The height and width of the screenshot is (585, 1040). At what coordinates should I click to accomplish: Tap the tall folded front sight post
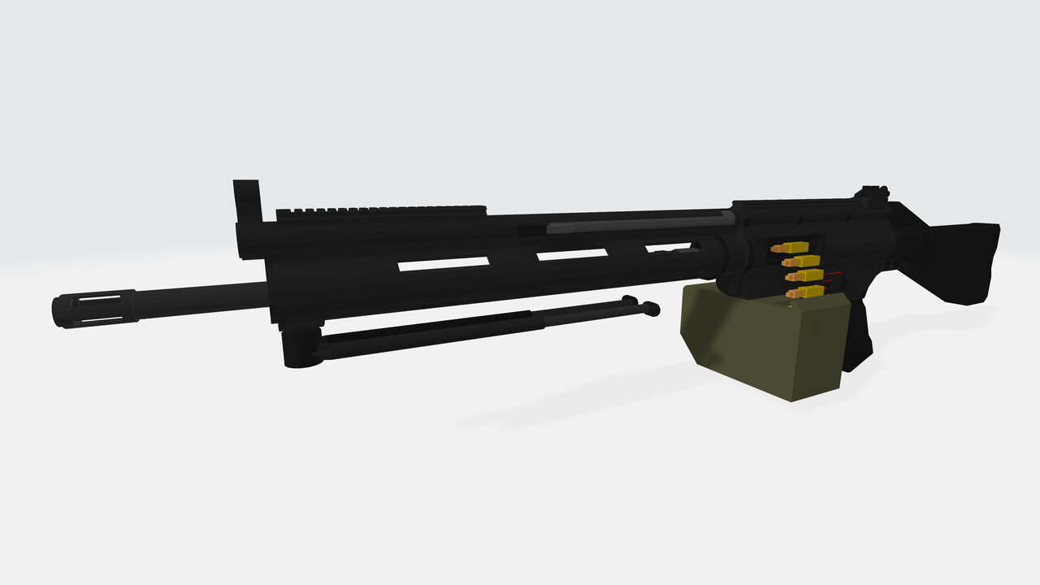coord(246,203)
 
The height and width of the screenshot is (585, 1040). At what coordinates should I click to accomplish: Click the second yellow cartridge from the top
coord(801,262)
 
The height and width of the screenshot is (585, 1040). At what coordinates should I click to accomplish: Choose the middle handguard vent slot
coord(572,254)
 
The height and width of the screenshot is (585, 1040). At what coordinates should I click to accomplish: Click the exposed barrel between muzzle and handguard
coord(203,298)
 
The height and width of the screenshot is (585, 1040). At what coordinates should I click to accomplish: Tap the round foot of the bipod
coord(650,308)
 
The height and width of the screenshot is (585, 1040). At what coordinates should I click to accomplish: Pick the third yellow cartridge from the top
coord(804,276)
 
